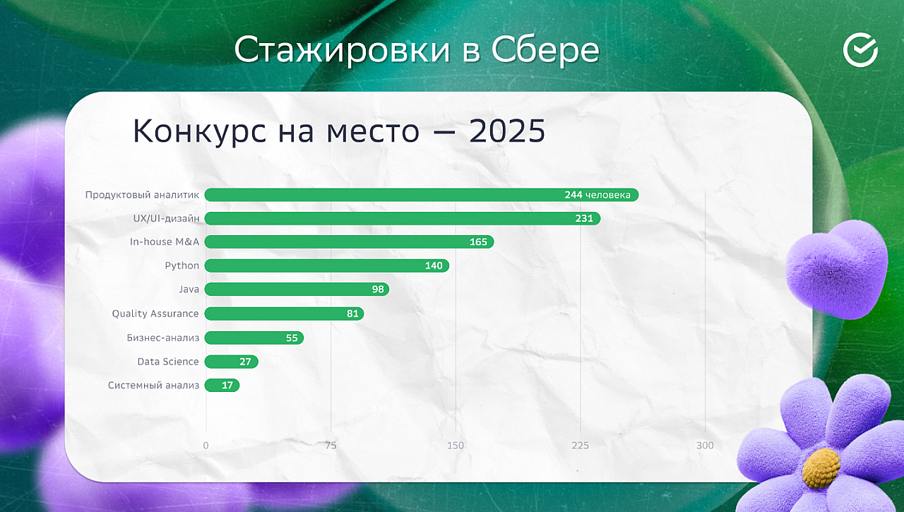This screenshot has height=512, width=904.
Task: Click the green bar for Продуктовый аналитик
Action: tap(422, 195)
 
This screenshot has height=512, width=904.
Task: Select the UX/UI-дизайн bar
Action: tap(403, 218)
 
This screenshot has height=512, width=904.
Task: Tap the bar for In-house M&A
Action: tap(349, 242)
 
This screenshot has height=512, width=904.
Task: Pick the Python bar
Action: tap(327, 266)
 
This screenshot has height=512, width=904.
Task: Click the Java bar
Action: tap(297, 289)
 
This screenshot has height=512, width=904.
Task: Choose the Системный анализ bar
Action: tap(222, 386)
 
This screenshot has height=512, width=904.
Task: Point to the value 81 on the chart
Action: tap(352, 314)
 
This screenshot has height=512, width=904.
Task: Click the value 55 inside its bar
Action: tap(292, 338)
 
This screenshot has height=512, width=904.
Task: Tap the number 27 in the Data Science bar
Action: tap(245, 362)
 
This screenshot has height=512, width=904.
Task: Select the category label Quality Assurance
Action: tap(155, 314)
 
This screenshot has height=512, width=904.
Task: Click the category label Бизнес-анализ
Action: tap(163, 338)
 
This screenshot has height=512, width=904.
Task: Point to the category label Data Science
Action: tap(168, 362)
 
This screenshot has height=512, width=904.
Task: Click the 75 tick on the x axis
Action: tap(331, 446)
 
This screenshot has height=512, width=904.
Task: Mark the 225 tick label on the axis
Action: tap(581, 446)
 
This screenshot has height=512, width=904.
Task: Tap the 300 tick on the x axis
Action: tap(705, 446)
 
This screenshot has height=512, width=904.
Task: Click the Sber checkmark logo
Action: tap(860, 50)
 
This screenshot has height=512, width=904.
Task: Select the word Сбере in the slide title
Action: tap(545, 50)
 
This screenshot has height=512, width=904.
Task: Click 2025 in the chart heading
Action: tap(507, 131)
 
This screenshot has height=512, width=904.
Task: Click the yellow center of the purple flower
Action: tap(821, 468)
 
